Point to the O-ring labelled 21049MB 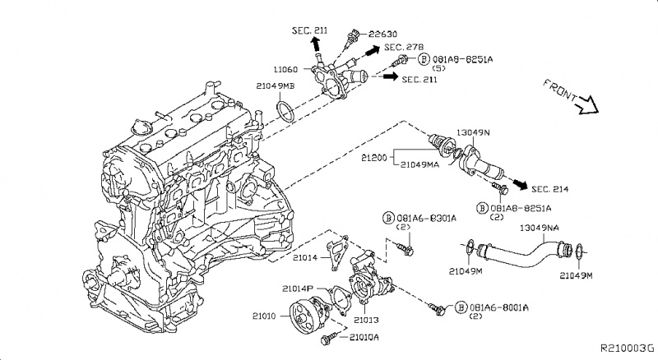[x=283, y=111]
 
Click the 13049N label [x=475, y=132]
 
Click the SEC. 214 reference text [x=550, y=190]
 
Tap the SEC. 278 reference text [x=402, y=48]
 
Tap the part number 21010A [x=364, y=337]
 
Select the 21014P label [x=298, y=288]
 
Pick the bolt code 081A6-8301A [x=419, y=218]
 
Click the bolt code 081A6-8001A [x=497, y=306]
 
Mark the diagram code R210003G [x=627, y=348]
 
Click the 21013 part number [x=366, y=319]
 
